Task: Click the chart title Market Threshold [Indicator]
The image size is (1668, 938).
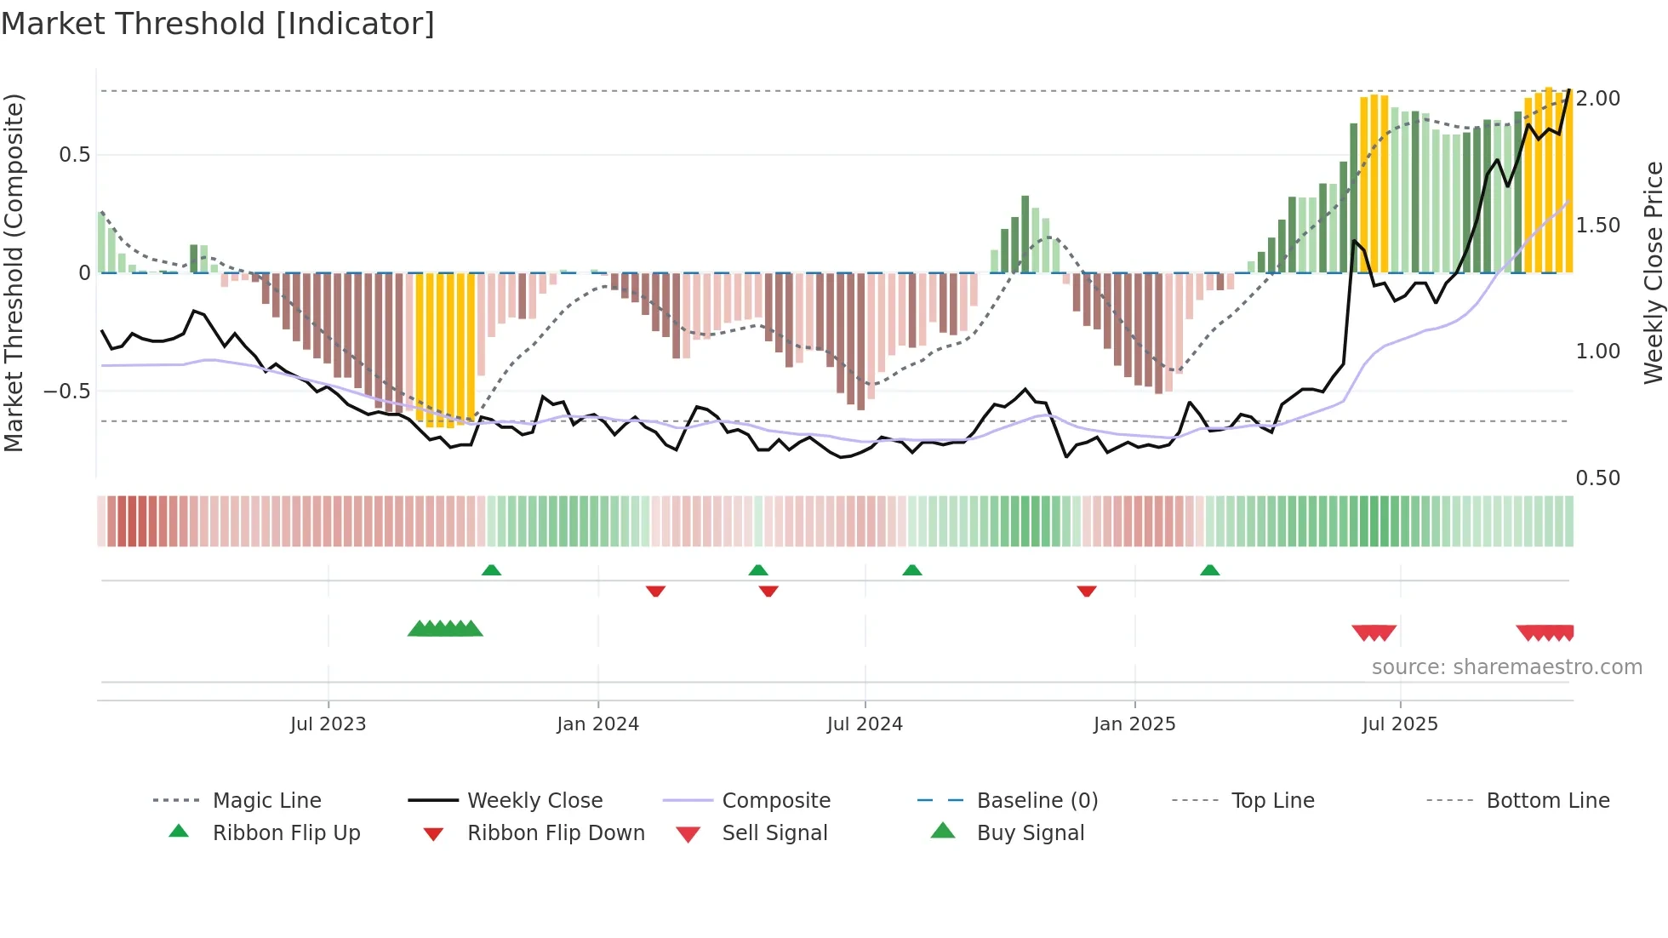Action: coord(218,24)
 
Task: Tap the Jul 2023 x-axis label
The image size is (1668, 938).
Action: coord(328,724)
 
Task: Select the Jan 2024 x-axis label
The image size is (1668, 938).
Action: coord(597,724)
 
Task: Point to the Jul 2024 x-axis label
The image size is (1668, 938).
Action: coord(865,724)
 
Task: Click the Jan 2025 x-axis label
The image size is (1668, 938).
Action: coord(1134,724)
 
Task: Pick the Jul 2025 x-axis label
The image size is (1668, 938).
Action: coord(1400,724)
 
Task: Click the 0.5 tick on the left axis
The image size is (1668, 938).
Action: coord(74,155)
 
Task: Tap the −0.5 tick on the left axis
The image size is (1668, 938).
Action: coord(67,392)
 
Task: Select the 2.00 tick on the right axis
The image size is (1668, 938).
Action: coord(1598,99)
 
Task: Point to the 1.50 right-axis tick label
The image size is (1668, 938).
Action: coord(1598,226)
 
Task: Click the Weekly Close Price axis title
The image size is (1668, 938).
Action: coord(1653,272)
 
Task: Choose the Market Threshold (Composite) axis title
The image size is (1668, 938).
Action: coord(14,272)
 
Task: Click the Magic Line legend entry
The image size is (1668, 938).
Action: coord(266,801)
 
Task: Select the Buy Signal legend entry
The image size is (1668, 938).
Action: coord(1030,833)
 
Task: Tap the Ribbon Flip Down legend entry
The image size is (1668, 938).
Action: coord(556,833)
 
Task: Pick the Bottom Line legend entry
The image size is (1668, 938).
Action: coord(1547,801)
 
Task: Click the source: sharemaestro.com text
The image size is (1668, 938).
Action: coord(1506,667)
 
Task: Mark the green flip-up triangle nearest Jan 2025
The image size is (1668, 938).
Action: coord(1209,570)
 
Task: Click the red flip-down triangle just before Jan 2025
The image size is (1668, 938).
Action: coord(1086,591)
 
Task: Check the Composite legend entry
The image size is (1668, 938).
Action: coord(775,801)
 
